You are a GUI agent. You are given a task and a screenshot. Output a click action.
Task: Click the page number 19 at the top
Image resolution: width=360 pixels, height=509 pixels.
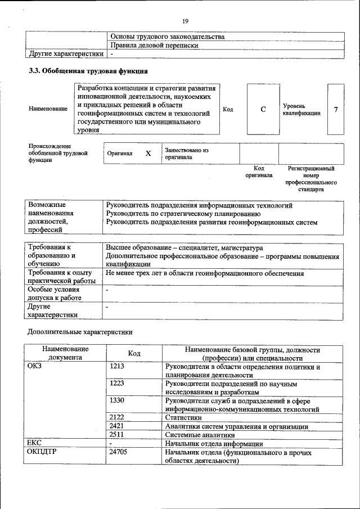pyautogui.click(x=185, y=21)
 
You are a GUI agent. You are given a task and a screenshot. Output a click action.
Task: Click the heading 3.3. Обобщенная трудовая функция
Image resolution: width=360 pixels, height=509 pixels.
pyautogui.click(x=88, y=71)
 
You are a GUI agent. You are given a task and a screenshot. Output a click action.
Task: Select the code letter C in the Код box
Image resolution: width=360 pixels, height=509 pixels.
pyautogui.click(x=263, y=109)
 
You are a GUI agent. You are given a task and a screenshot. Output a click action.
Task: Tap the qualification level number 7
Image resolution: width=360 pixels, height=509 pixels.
pyautogui.click(x=336, y=109)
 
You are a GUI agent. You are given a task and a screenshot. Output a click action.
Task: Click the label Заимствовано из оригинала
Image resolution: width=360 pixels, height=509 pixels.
pyautogui.click(x=187, y=154)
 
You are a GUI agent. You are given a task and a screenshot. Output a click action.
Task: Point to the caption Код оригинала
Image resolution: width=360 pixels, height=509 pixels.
pyautogui.click(x=259, y=172)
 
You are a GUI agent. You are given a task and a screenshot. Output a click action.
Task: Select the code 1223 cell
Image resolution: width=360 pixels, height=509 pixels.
pyautogui.click(x=117, y=384)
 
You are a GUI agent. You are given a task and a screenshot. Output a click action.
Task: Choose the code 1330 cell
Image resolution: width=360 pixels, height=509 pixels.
pyautogui.click(x=117, y=400)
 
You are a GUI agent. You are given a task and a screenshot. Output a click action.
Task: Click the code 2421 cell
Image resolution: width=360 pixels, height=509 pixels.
pyautogui.click(x=117, y=426)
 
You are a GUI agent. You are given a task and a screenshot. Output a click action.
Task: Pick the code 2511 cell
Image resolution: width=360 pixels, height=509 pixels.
pyautogui.click(x=117, y=435)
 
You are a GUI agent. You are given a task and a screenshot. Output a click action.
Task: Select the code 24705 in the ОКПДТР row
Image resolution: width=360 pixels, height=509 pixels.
pyautogui.click(x=119, y=452)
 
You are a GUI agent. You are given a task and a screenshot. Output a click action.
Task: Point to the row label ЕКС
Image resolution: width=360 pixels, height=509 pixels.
pyautogui.click(x=35, y=443)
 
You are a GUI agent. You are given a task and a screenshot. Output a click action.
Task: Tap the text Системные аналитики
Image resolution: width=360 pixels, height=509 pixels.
pyautogui.click(x=200, y=435)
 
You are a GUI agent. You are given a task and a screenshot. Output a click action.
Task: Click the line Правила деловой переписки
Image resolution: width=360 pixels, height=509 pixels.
pyautogui.click(x=155, y=45)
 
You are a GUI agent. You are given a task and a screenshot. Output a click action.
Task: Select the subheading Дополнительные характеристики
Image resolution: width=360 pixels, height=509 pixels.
pyautogui.click(x=80, y=332)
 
